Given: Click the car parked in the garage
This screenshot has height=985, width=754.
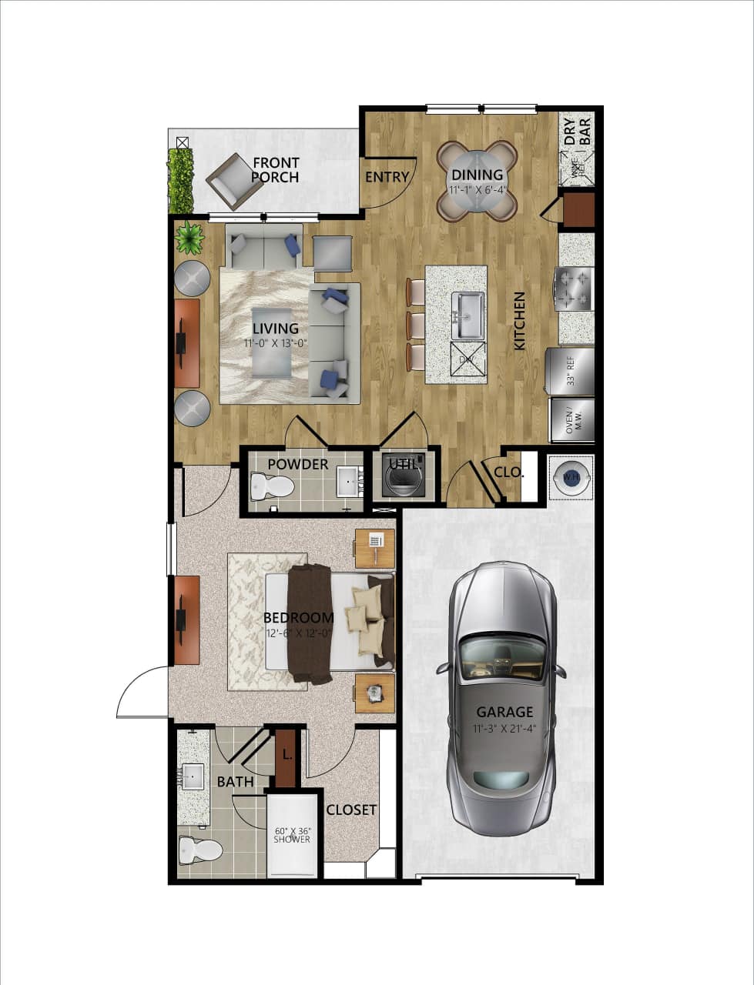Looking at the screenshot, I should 503,696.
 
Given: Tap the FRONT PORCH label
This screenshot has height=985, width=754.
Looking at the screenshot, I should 276,170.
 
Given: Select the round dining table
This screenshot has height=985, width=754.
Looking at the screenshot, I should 477,181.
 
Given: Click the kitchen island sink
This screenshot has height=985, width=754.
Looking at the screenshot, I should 468,315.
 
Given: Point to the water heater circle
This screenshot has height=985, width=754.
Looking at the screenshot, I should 571,477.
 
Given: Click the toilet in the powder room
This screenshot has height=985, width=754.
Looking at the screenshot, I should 272,486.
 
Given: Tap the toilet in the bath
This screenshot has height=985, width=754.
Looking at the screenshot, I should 199,850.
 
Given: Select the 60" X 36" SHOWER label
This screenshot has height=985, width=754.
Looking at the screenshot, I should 292,835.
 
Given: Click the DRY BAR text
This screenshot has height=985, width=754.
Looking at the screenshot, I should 578,132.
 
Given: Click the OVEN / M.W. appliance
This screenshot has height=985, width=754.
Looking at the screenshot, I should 571,420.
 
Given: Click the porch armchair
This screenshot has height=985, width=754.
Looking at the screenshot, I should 233,181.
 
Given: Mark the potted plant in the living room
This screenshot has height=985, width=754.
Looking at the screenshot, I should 189,238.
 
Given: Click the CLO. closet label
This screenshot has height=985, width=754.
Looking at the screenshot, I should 509,472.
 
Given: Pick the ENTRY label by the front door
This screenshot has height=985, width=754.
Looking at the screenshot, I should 387,177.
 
